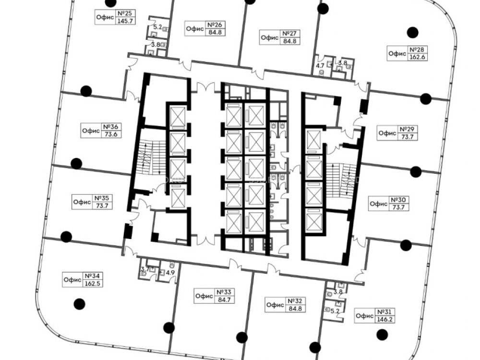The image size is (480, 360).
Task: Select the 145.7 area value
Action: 125,21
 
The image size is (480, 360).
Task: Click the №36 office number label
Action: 110,126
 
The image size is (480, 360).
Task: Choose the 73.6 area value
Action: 110,134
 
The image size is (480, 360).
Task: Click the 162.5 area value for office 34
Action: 92,283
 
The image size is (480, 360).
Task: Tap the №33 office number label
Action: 224,292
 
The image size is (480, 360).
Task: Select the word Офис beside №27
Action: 270,37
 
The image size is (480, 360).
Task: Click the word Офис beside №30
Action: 379,204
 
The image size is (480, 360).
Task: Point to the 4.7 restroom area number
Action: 320,65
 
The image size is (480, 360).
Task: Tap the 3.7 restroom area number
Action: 145,269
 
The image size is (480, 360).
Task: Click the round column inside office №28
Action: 412,32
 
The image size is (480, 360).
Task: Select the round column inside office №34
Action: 80,304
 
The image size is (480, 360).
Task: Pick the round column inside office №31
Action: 382,335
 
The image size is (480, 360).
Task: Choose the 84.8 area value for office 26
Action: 216,32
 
